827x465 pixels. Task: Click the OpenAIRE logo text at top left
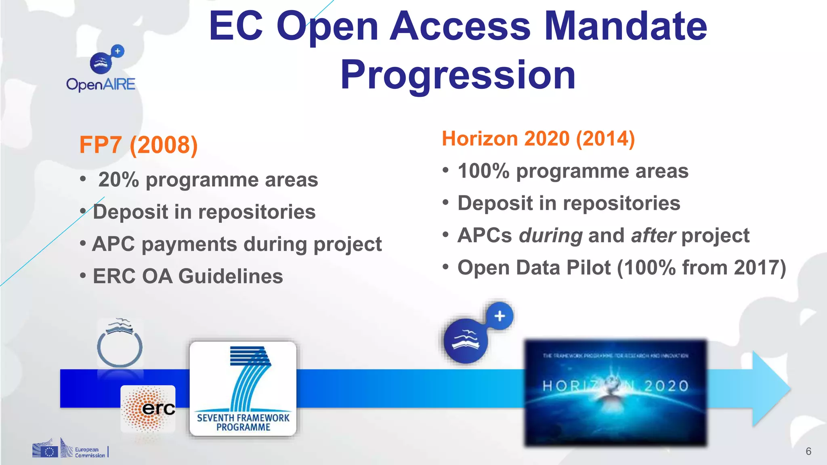(x=101, y=84)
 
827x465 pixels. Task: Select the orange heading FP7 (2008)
(x=139, y=145)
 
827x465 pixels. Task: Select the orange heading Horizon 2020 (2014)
(x=538, y=139)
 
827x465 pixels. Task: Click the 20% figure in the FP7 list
(x=118, y=180)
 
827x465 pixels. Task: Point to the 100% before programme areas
(x=483, y=171)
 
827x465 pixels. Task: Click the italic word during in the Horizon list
(x=550, y=236)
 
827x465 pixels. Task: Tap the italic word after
(x=653, y=236)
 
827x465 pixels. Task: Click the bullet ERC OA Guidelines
(x=188, y=276)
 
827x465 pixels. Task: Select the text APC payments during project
(x=237, y=244)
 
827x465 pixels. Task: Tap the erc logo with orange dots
(x=148, y=409)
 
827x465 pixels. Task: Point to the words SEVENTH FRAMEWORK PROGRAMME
(x=243, y=423)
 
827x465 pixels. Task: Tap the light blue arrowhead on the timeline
(x=770, y=389)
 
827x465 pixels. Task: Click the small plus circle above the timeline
(x=500, y=316)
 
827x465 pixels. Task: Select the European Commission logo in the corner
(x=69, y=449)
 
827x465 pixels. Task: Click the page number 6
(x=808, y=451)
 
